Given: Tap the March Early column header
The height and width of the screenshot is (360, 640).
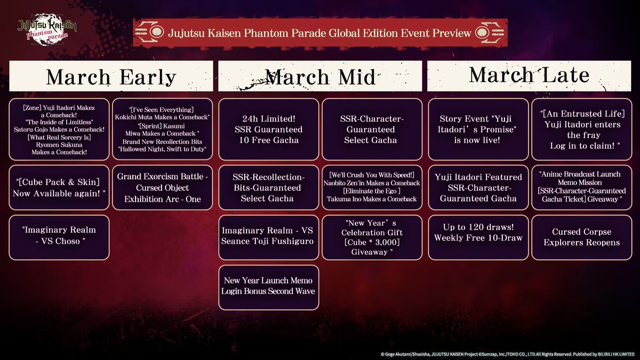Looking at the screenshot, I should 111,76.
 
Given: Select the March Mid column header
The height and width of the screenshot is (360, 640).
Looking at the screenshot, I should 320,76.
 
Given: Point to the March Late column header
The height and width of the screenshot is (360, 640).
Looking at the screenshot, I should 529,75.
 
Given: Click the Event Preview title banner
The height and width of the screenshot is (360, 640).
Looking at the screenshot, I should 320,33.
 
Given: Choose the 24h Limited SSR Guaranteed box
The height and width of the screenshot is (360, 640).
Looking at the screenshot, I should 268,130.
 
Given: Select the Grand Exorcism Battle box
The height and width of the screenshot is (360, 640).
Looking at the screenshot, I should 163,188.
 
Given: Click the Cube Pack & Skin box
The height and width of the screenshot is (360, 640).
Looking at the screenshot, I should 59,188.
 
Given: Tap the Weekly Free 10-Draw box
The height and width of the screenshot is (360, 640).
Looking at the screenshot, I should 477,237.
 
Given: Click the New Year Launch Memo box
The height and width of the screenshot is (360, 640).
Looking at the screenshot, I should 268,286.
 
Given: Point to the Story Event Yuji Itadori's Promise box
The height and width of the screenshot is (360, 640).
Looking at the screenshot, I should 477,130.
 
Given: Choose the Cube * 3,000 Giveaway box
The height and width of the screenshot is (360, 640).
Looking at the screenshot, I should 372,237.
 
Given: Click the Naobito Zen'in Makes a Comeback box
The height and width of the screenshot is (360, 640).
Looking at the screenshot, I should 372,188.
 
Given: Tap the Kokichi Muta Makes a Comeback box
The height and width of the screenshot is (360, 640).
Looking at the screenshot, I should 163,130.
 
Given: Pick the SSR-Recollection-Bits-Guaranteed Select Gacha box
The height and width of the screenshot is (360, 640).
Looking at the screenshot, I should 268,188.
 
